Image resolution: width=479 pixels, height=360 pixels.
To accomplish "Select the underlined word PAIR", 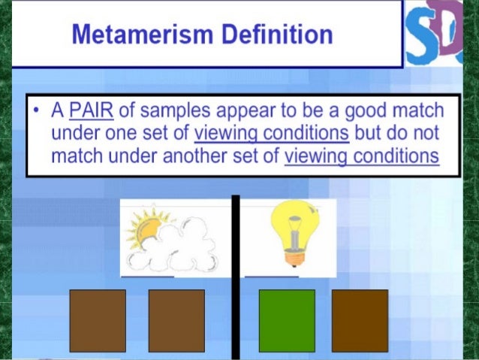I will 89,111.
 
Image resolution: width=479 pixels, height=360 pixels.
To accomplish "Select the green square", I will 286,320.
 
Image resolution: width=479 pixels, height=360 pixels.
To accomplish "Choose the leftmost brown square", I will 98,320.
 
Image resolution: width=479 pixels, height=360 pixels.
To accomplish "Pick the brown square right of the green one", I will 360,320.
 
